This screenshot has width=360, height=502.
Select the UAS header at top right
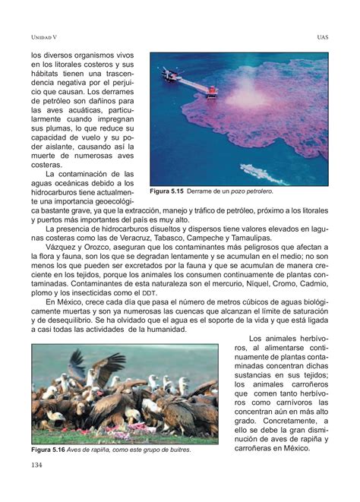click(321, 37)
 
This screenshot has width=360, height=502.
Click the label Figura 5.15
click(168, 191)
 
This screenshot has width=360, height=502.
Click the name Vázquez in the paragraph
click(64, 248)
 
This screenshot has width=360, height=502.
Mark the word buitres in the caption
click(175, 450)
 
